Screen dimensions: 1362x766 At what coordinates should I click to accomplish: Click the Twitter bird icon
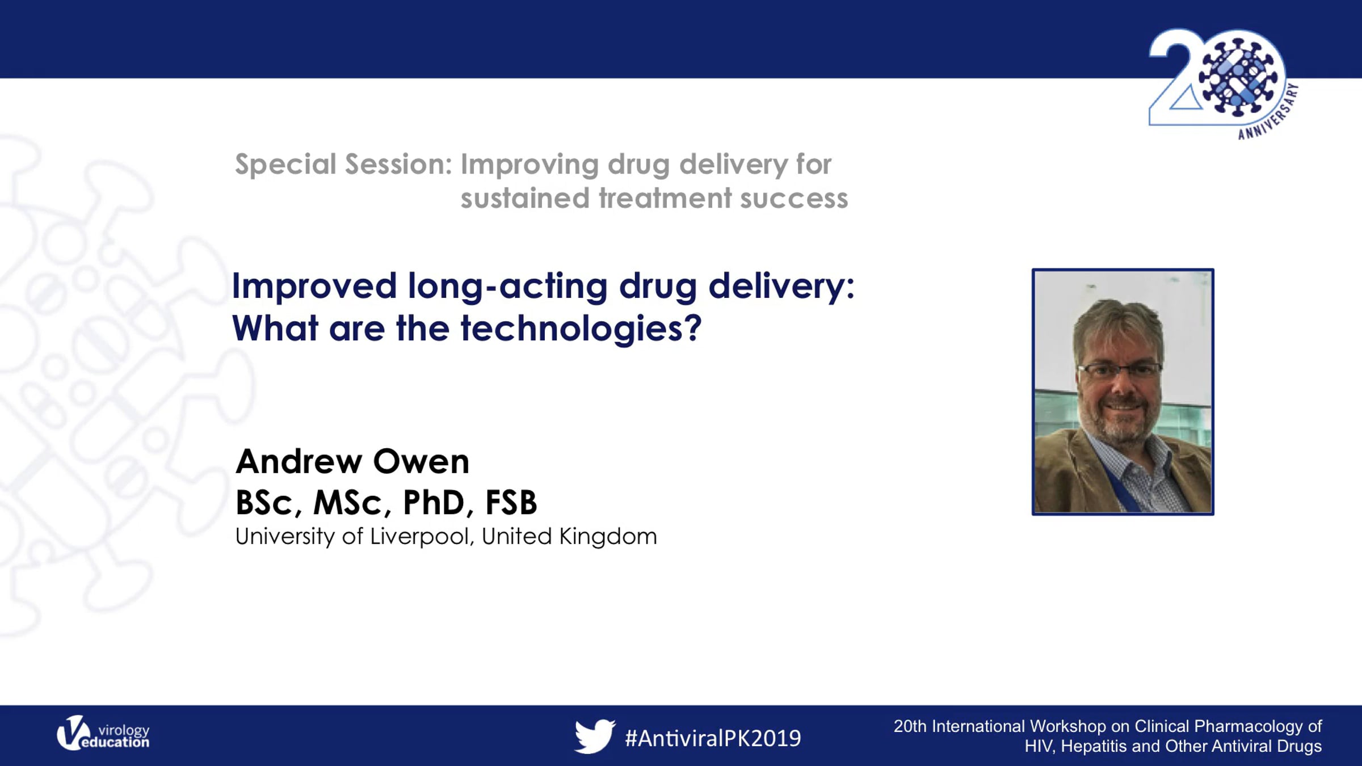[594, 736]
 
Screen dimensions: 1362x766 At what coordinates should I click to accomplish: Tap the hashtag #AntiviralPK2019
[713, 738]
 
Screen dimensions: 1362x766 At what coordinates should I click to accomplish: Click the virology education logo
[103, 733]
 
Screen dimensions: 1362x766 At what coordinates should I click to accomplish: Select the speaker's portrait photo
[1123, 392]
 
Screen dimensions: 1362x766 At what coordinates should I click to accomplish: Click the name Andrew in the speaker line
[299, 461]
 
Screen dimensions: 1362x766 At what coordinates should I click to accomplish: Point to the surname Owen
[421, 461]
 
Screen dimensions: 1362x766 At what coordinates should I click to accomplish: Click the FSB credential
[511, 502]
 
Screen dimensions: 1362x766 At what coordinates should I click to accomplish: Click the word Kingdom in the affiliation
[608, 536]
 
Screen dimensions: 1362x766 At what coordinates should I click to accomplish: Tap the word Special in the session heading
[286, 165]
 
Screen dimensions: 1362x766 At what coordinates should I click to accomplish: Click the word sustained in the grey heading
[525, 199]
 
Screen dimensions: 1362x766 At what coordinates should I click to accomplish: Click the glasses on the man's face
[1119, 370]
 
